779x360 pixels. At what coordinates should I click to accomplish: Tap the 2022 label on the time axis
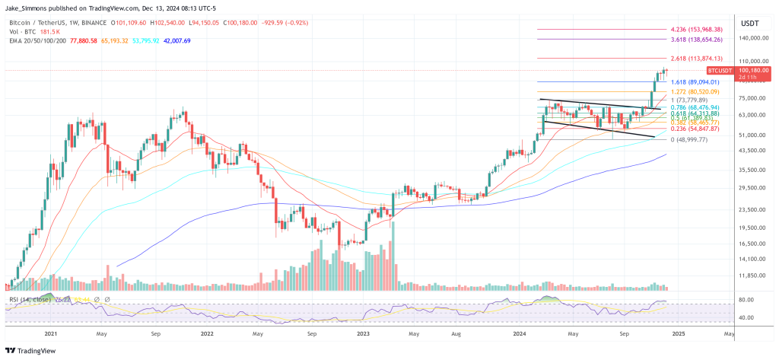(206, 334)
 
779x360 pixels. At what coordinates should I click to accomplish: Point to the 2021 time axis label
(51, 334)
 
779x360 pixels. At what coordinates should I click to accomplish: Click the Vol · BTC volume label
(24, 32)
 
